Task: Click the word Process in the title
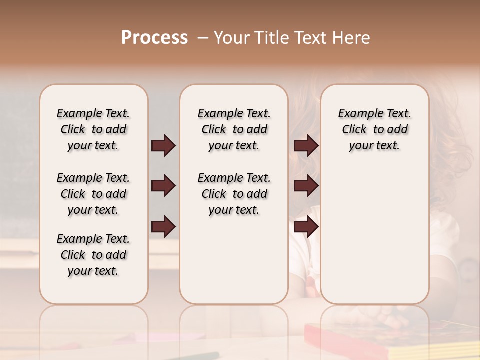click(x=154, y=38)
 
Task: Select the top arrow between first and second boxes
click(x=163, y=146)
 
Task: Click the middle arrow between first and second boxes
click(x=163, y=186)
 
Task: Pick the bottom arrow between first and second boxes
click(x=163, y=227)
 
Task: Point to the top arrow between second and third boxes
click(x=306, y=146)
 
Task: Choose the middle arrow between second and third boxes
click(x=306, y=186)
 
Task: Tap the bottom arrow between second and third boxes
click(x=306, y=227)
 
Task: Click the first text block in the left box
click(x=93, y=129)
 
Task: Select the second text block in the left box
click(x=93, y=194)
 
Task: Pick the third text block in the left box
click(x=93, y=255)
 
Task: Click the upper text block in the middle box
click(x=234, y=129)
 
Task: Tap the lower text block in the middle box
click(x=234, y=194)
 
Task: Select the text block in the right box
click(x=374, y=129)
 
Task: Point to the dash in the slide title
click(x=203, y=38)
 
